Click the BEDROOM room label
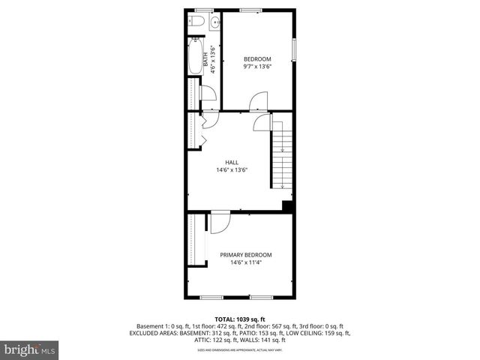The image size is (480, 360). pyautogui.click(x=257, y=59)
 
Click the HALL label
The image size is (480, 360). pyautogui.click(x=232, y=162)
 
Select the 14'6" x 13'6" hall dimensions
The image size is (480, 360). pyautogui.click(x=232, y=170)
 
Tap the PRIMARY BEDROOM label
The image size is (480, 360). pyautogui.click(x=245, y=255)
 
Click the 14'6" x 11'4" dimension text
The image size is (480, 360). pyautogui.click(x=245, y=263)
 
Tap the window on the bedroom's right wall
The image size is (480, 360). pyautogui.click(x=294, y=49)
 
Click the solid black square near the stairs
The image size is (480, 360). pyautogui.click(x=286, y=206)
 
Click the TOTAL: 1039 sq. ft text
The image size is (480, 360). pyautogui.click(x=239, y=319)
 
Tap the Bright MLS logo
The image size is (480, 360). pyautogui.click(x=29, y=349)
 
